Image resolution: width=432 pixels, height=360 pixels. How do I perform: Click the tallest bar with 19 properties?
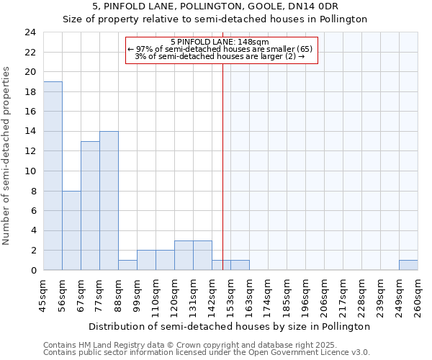click(x=53, y=176)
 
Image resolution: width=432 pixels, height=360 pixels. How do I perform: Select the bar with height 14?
click(x=109, y=201)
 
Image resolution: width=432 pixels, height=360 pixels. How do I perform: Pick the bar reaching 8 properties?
click(x=71, y=230)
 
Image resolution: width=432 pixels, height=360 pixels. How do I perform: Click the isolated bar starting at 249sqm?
click(x=408, y=265)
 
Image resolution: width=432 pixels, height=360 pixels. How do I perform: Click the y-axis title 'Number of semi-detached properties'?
click(x=8, y=156)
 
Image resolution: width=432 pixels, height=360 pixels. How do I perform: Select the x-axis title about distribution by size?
click(x=231, y=326)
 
